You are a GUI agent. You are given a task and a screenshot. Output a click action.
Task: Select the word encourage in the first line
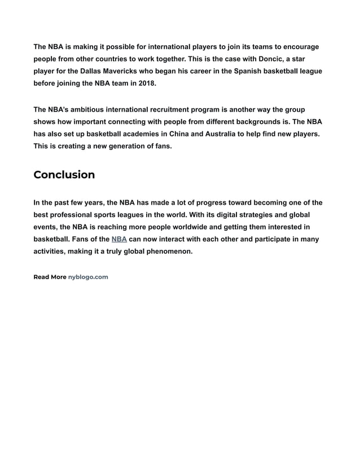coord(300,46)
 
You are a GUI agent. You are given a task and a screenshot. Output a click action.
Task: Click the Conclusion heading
coord(64,175)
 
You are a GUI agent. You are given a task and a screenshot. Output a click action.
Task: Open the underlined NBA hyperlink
coord(119,239)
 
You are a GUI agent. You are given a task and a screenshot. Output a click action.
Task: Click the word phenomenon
coord(168,252)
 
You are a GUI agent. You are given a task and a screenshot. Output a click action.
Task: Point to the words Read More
coord(50,277)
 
